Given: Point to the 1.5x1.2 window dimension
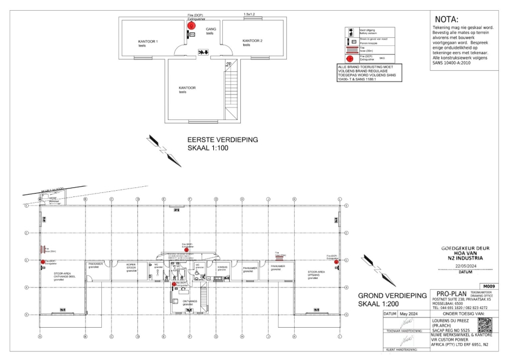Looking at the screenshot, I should [249, 13].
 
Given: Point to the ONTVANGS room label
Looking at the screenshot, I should [190, 301].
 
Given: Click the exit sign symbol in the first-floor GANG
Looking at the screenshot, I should [202, 52].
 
